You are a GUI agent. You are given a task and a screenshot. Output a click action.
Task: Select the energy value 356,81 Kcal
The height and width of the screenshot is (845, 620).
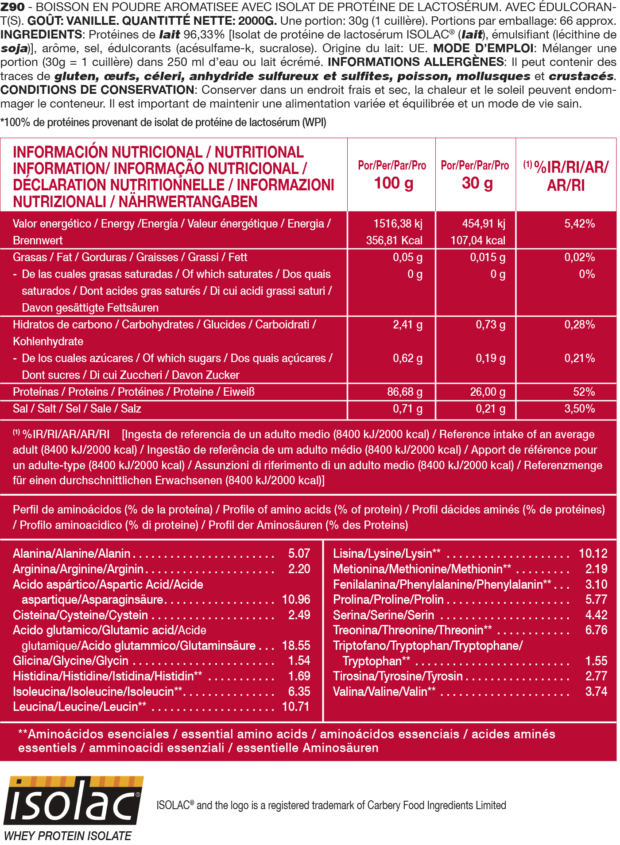[394, 240]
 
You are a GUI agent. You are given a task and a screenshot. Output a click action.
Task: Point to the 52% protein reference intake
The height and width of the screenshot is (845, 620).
[583, 392]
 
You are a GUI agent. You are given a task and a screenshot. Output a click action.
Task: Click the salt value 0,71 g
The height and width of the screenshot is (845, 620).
[407, 409]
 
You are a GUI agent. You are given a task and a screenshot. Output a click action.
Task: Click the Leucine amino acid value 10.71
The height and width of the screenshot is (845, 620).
[296, 706]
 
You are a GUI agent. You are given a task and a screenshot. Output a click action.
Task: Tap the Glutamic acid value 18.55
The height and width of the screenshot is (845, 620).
[296, 645]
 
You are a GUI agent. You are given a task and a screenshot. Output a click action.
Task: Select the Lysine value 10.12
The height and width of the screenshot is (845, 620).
[593, 553]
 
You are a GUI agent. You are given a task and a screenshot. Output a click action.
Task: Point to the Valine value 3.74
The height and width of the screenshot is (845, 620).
[596, 691]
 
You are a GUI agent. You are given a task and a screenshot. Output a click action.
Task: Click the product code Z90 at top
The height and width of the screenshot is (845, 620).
[12, 7]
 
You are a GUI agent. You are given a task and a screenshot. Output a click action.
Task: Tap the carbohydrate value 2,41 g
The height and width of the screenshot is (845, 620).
[407, 324]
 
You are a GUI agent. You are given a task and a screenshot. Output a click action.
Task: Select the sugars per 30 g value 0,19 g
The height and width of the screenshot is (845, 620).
[490, 358]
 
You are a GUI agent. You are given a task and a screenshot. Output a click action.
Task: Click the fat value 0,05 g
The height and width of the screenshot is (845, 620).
[407, 257]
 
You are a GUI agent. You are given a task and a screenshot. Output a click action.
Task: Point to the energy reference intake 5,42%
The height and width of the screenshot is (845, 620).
[579, 224]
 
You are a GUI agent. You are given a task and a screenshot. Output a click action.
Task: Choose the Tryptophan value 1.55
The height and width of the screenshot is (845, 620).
[596, 661]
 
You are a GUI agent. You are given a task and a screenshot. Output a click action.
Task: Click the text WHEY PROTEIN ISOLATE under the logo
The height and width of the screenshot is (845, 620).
[68, 836]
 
